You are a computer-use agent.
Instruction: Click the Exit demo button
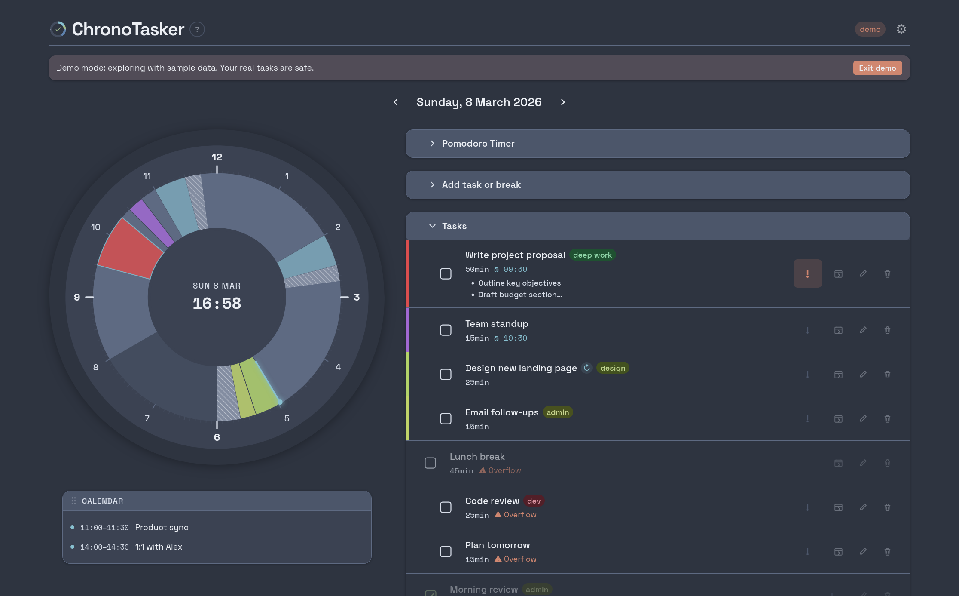click(x=877, y=68)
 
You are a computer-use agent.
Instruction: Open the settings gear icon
click(x=901, y=29)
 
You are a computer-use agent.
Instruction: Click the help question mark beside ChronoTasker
click(x=197, y=29)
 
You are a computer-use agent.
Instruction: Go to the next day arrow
click(x=563, y=102)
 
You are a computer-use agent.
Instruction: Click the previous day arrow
click(x=396, y=102)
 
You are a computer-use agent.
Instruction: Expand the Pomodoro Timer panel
click(x=478, y=144)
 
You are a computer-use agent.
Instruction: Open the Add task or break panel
click(x=481, y=185)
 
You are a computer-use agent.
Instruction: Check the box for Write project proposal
click(x=446, y=274)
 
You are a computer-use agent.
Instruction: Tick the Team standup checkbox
click(x=446, y=330)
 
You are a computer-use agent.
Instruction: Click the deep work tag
click(x=592, y=255)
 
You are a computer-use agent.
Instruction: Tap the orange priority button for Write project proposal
click(x=807, y=273)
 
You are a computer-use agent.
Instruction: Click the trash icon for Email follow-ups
click(x=887, y=419)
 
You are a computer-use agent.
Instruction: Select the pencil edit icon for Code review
click(x=863, y=507)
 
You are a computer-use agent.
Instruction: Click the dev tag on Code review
click(x=534, y=501)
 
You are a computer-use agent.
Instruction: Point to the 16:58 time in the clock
click(x=217, y=304)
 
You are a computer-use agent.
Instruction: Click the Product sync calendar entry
click(x=162, y=528)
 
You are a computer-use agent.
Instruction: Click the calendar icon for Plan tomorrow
click(x=838, y=552)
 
